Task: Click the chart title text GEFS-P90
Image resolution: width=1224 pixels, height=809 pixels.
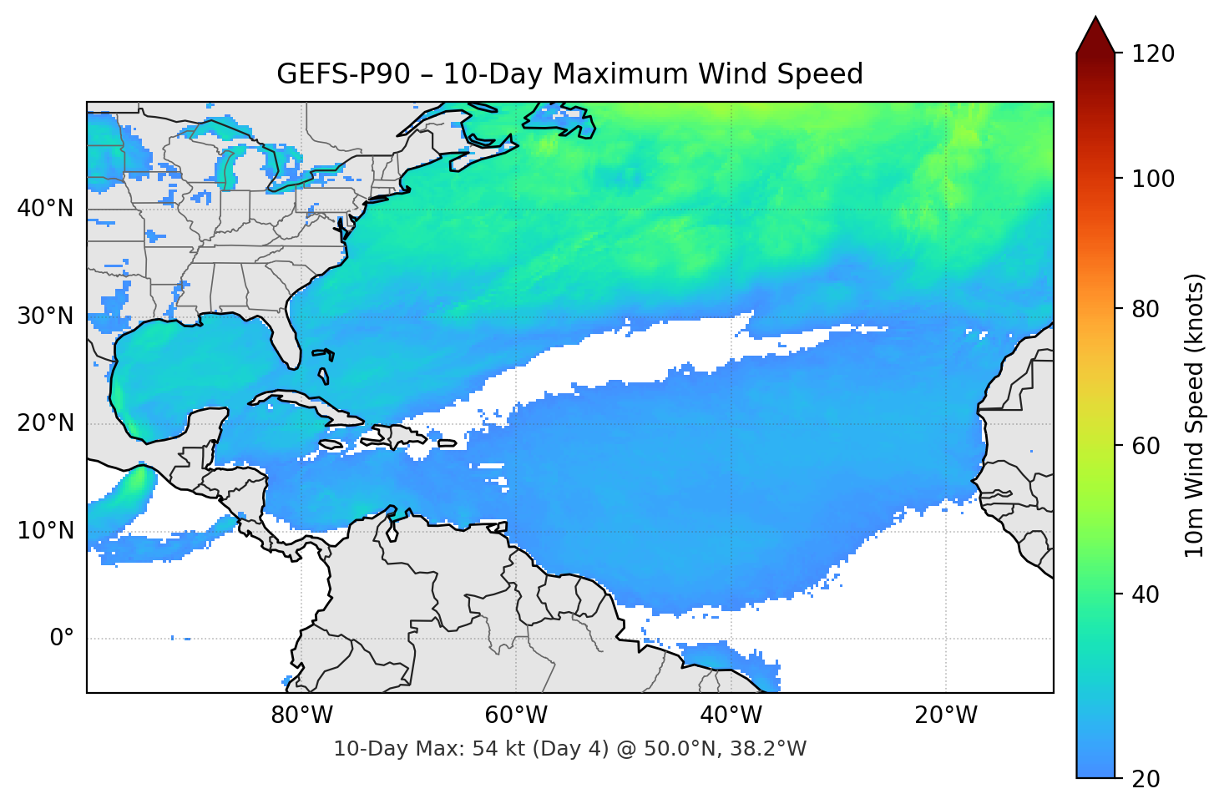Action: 343,74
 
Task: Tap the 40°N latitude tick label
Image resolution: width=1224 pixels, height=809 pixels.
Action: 45,209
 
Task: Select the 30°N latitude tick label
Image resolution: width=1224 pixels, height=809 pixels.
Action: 45,316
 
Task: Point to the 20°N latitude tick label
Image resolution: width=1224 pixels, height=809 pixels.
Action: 45,423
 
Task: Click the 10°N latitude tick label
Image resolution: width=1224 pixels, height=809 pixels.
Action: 45,531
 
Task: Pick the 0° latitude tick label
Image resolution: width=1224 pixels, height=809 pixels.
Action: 62,639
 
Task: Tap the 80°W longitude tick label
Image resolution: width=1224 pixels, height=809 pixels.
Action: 301,715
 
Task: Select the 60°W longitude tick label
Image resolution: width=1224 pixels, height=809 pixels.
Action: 516,715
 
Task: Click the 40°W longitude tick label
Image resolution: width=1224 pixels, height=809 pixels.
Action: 731,715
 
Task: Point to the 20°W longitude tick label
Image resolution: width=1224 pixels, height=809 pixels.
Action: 945,715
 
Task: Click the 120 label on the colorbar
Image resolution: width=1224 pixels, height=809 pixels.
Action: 1153,54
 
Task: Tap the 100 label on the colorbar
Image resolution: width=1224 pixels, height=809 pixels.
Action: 1153,179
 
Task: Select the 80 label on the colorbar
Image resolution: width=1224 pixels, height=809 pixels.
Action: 1146,309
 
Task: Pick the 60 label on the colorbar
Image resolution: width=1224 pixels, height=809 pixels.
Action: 1146,446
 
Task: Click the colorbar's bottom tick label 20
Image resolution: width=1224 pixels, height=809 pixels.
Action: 1146,779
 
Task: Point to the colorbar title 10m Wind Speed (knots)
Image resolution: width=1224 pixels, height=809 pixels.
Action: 1195,415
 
